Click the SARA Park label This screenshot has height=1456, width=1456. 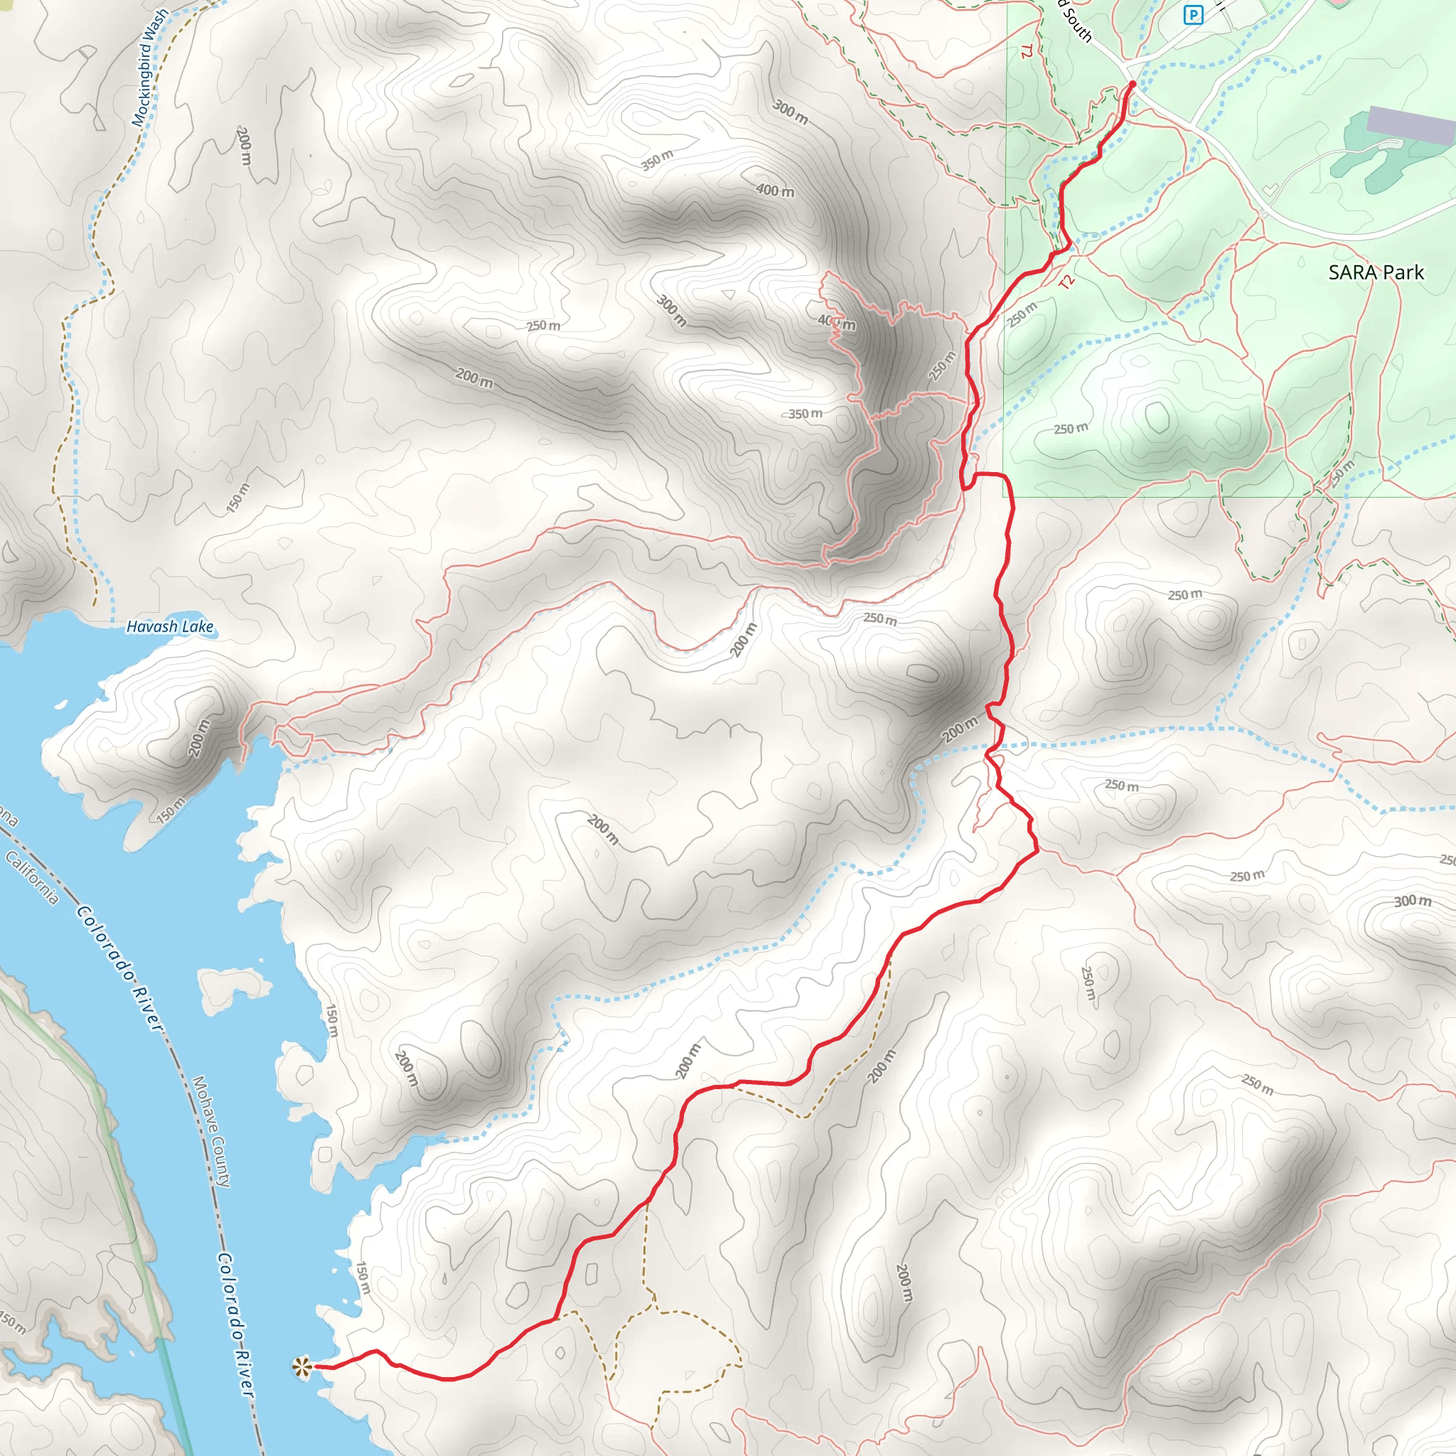point(1376,272)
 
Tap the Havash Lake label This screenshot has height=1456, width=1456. point(170,626)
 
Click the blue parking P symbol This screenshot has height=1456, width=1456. point(1193,14)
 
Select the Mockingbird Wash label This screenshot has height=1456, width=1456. point(151,68)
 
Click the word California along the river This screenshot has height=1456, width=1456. point(32,877)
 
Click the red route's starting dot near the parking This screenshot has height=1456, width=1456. point(1132,84)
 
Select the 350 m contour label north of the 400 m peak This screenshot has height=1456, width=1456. point(657,160)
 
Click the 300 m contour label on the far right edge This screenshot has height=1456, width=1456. point(1413,901)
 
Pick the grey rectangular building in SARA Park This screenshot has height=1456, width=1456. point(1410,125)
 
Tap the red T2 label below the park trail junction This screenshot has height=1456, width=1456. point(1066,282)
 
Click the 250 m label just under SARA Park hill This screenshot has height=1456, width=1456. point(1071,429)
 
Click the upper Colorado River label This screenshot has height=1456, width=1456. point(119,968)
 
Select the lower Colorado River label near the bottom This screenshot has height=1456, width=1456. point(235,1323)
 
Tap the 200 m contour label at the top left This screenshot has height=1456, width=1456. point(243,146)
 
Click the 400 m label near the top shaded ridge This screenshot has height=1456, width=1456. point(776,191)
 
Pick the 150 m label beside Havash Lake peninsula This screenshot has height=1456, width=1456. point(172,808)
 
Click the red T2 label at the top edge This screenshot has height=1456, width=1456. point(1025,51)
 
